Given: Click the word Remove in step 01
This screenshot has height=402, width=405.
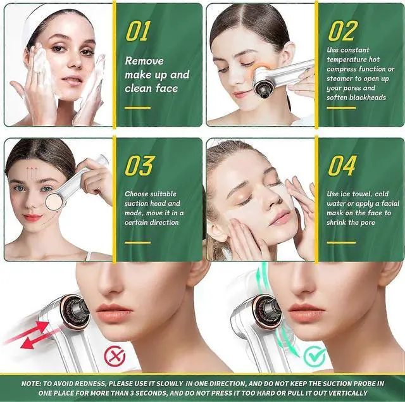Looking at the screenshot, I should click(x=144, y=61).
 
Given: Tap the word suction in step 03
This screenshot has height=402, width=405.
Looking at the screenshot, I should click(x=137, y=203).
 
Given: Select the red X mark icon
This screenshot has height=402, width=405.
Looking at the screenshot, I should click(x=115, y=356).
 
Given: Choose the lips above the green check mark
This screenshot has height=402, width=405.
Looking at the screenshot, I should click(x=309, y=312).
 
